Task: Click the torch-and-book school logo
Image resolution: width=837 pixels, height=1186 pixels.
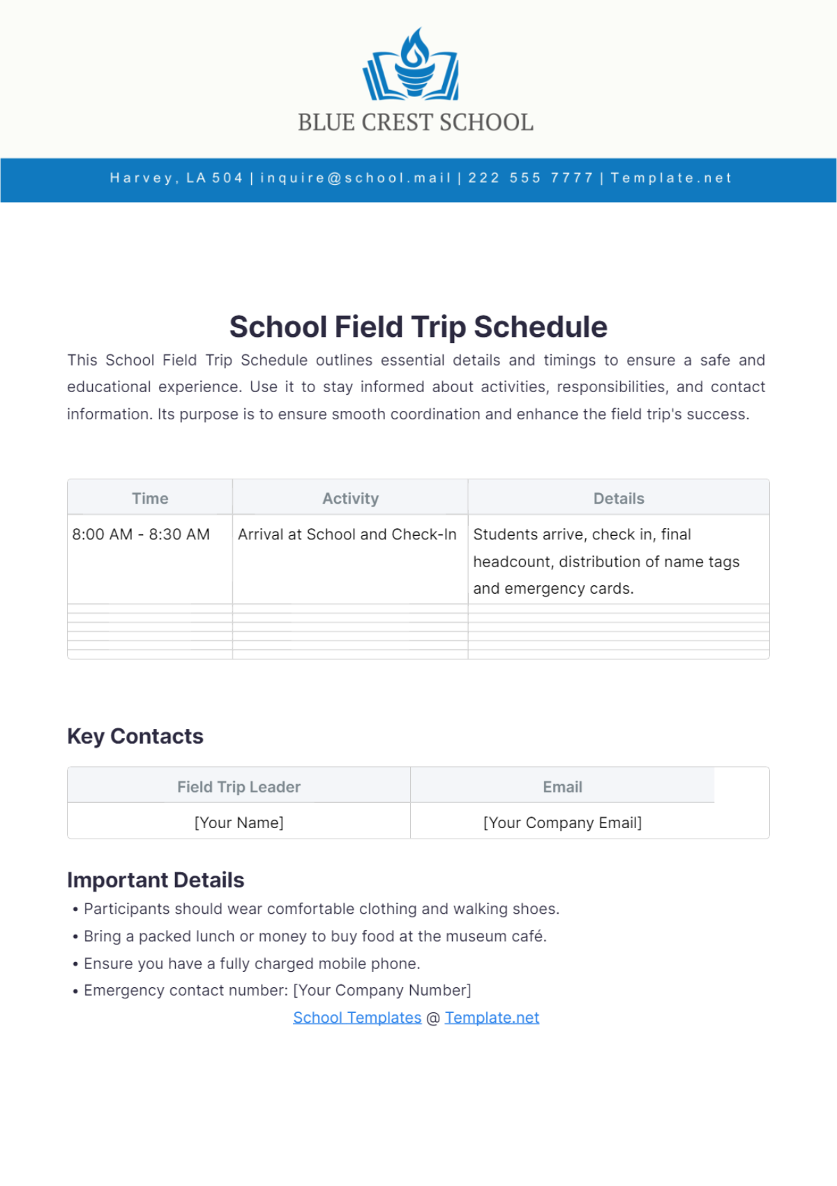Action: pos(412,65)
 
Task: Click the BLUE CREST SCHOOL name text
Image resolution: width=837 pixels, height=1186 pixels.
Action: pos(416,123)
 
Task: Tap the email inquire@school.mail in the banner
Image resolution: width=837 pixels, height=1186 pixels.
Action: pos(356,178)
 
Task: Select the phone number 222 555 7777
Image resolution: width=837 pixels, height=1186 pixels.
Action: pos(530,178)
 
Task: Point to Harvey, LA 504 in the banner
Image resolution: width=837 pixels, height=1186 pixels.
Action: pos(176,178)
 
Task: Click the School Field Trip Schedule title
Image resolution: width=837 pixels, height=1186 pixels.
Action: pos(418,327)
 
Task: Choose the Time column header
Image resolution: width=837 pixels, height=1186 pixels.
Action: pos(150,498)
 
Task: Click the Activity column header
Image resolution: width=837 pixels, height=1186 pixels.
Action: pos(350,498)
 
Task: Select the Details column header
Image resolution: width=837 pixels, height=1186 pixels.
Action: pos(619,498)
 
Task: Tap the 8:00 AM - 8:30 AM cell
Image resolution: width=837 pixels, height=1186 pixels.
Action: pos(141,534)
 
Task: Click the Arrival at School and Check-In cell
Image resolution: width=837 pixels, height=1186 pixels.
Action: pos(347,534)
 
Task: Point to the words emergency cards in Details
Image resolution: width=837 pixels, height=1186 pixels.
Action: pos(568,589)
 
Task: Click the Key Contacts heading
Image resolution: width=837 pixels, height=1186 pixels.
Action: pos(135,736)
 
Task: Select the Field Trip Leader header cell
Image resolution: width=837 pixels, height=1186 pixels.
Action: pos(239,787)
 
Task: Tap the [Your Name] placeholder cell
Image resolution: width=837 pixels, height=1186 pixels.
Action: pos(239,823)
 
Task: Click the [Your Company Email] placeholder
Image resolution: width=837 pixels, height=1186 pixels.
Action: pos(562,823)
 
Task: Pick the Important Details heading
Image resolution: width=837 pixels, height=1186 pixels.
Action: pos(156,880)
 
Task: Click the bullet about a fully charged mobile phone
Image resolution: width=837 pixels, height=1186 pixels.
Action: pos(252,963)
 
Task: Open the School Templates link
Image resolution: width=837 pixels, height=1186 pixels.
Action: pos(357,1018)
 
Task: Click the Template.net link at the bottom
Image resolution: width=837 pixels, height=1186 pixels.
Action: pos(492,1018)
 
